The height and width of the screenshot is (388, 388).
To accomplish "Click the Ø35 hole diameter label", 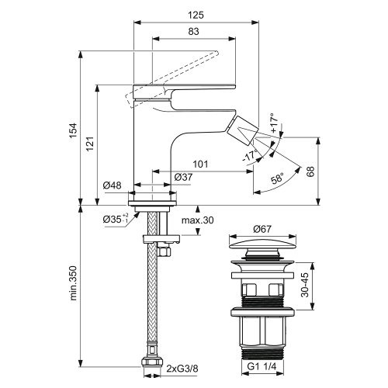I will (116, 220).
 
